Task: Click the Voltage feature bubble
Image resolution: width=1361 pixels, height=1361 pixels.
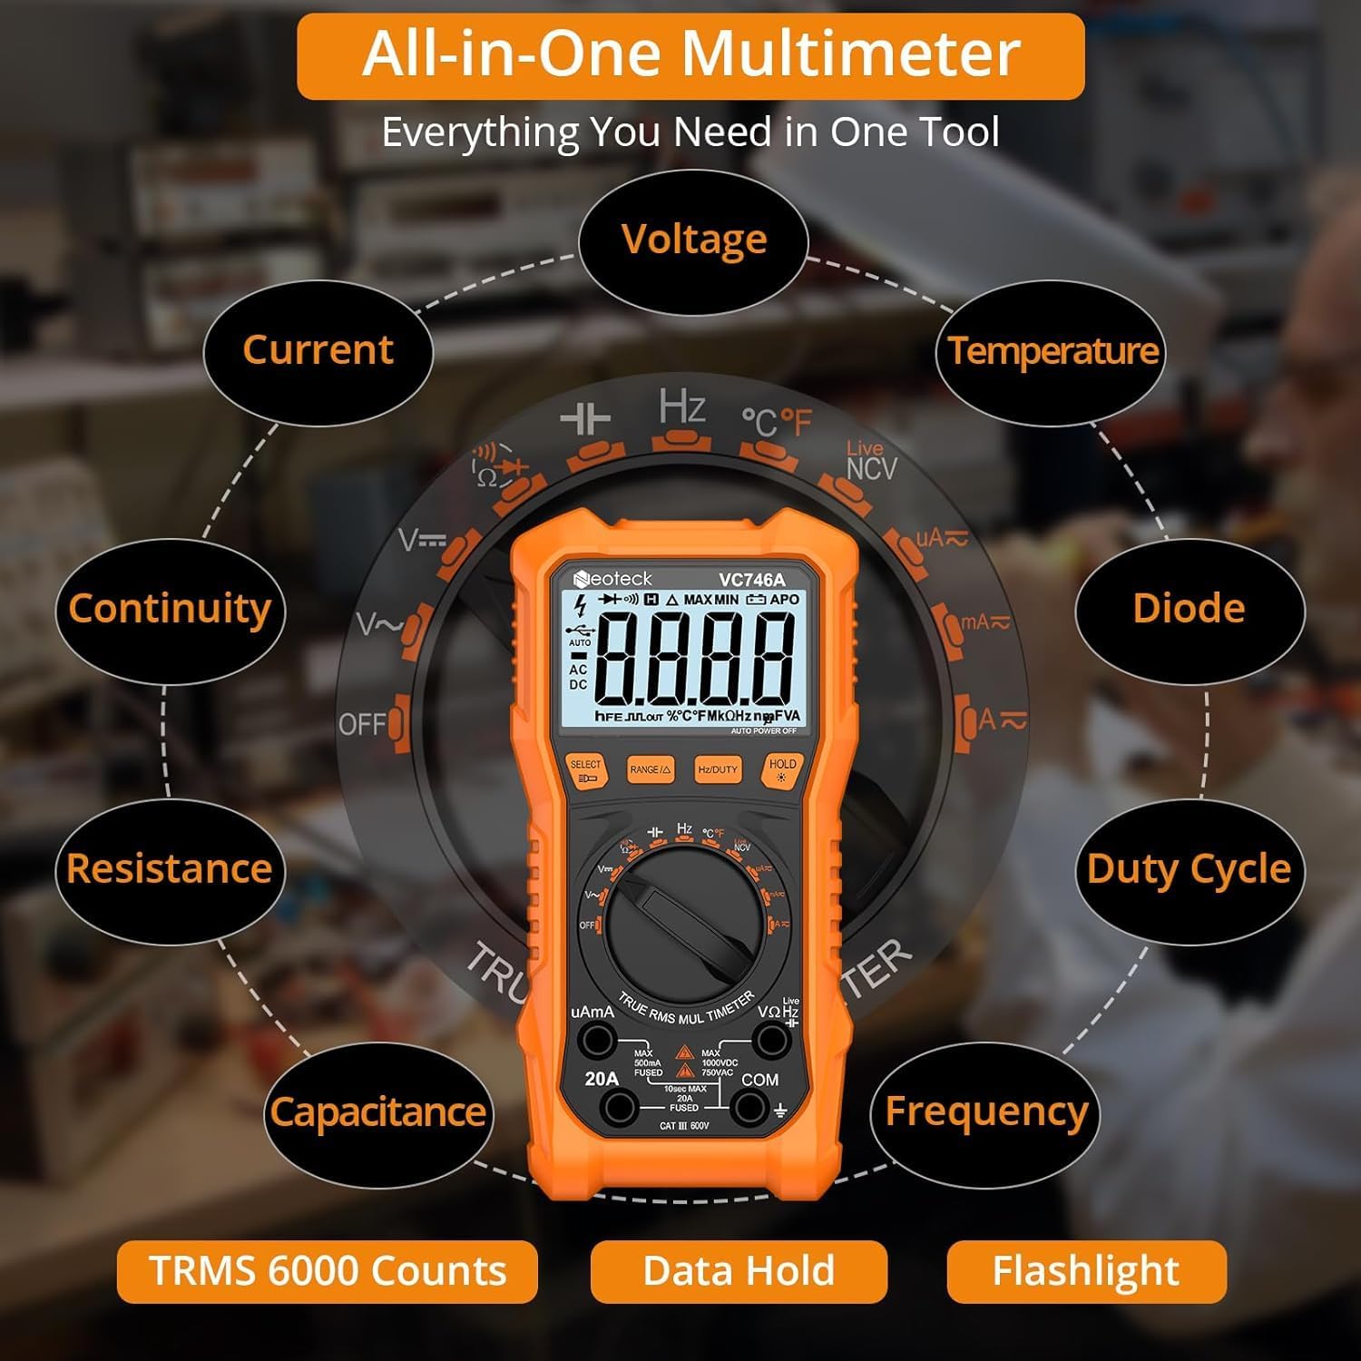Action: (694, 240)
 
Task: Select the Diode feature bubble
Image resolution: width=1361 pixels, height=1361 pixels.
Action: (1189, 609)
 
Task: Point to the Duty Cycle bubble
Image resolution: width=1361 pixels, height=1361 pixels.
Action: (1189, 869)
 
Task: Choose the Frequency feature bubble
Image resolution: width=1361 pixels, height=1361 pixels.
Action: (985, 1111)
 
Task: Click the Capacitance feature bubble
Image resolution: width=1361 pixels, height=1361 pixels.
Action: (377, 1112)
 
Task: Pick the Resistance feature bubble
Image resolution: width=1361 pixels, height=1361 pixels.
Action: (170, 869)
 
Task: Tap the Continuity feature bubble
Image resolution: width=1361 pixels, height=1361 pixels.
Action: (170, 609)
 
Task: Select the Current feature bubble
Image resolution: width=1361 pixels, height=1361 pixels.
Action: (318, 350)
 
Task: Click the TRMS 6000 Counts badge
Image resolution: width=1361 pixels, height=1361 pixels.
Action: (328, 1271)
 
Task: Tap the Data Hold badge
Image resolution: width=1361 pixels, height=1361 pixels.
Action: (739, 1271)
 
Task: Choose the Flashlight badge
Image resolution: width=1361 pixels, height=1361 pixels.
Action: (1086, 1271)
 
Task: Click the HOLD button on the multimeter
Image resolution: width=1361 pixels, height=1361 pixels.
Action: (782, 769)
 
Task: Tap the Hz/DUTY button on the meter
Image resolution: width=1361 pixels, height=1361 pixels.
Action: (718, 770)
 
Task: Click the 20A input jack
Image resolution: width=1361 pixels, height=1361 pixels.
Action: (621, 1107)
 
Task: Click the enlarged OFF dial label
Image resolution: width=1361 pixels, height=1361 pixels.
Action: (363, 725)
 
